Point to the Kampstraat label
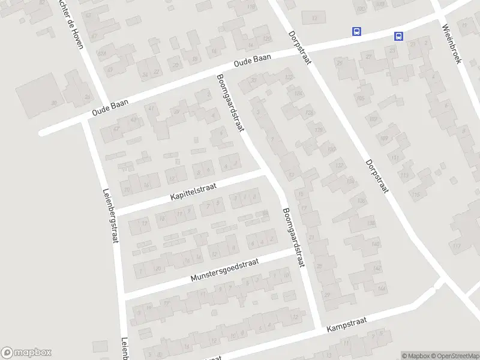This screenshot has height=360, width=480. pos(346,325)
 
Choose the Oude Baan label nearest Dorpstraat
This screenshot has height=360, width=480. pos(253,59)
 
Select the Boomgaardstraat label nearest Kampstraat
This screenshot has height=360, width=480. pos(295,236)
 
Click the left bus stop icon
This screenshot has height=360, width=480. pos(357,31)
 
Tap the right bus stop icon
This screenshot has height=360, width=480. pos(398,36)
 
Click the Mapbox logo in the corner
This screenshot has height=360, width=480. pos(26,353)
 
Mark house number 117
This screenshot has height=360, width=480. pos(457,247)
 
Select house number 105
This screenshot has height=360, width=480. pos(361,98)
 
